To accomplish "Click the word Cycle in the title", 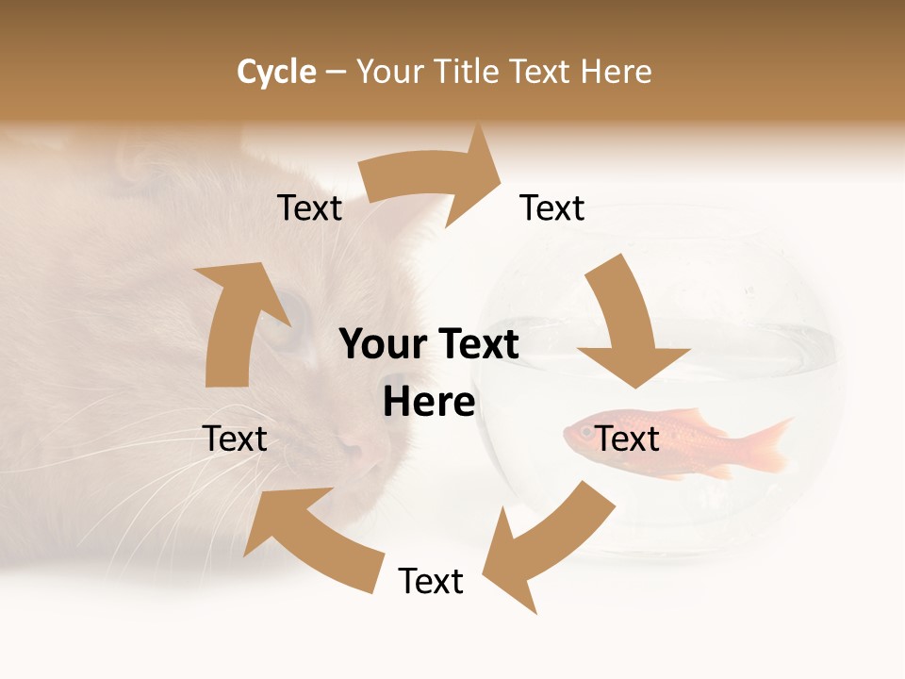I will coord(276,72).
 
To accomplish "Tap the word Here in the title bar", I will coord(617,72).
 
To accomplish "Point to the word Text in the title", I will coord(542,72).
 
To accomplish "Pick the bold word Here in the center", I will coord(429,403).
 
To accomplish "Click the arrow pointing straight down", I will coord(630,325).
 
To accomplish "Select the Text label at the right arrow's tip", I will coord(552,207).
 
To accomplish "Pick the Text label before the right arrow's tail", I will coord(310,207).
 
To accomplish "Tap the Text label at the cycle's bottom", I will coord(431,581).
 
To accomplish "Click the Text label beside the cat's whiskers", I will coord(235,439).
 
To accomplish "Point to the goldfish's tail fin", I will coord(764,443).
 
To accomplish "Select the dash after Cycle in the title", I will coord(336,72).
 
